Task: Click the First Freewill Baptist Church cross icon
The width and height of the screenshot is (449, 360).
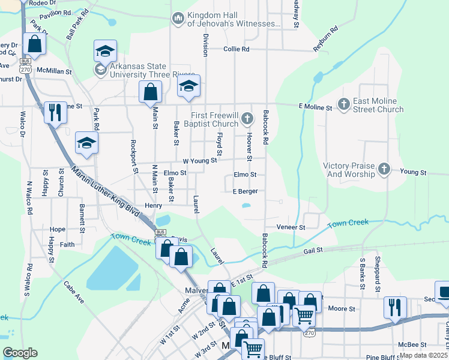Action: point(247,119)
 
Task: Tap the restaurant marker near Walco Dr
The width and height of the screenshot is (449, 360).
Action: point(55,112)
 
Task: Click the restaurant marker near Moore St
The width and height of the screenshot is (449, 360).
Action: point(395,307)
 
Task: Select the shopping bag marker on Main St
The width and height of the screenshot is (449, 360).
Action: point(150,92)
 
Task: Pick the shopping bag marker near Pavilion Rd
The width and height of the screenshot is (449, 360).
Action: point(35,44)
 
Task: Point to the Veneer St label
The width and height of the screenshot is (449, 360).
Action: point(291,227)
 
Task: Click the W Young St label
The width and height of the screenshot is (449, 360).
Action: point(199,160)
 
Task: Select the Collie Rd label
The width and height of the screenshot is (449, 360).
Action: point(236,49)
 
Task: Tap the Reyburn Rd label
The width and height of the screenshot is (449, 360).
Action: point(326,38)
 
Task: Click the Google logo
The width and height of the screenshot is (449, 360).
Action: point(20,353)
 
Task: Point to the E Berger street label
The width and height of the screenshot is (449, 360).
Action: point(246,191)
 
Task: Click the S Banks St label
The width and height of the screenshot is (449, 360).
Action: point(362,274)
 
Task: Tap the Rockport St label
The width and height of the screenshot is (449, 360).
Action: point(135,157)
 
